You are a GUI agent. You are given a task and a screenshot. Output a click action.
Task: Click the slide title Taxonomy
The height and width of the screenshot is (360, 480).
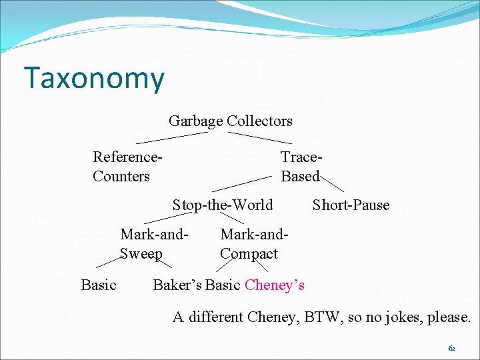click(x=93, y=78)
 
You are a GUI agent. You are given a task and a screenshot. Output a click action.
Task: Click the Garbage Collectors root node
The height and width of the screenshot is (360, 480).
click(x=230, y=121)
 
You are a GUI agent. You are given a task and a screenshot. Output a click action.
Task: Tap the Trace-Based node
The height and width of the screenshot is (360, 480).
click(x=301, y=166)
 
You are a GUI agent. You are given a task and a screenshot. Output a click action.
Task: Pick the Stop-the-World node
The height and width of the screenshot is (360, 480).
click(x=223, y=205)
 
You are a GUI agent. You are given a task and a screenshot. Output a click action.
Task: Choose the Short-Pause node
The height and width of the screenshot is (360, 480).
click(x=351, y=205)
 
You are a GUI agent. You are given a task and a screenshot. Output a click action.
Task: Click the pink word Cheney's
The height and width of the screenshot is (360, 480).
click(x=275, y=285)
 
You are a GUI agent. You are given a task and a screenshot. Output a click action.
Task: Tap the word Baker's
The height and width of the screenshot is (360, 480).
click(x=177, y=285)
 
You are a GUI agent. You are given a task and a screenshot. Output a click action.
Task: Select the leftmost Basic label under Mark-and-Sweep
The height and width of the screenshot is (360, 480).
click(x=99, y=285)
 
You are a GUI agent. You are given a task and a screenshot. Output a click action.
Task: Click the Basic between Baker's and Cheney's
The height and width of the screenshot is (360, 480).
click(x=223, y=285)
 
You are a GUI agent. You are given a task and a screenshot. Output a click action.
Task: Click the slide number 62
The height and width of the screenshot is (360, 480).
click(x=451, y=348)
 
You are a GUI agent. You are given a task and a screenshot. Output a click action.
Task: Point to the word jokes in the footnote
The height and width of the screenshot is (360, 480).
click(x=400, y=317)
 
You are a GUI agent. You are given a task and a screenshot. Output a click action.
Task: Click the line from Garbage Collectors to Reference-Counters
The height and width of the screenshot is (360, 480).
click(x=171, y=137)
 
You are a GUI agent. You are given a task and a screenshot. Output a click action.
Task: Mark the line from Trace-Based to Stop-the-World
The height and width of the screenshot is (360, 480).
click(x=242, y=184)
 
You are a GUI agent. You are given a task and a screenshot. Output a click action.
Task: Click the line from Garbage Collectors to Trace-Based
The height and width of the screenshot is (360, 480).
click(x=260, y=137)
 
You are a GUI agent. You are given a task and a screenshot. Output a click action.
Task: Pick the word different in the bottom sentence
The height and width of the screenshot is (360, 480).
click(x=215, y=317)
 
